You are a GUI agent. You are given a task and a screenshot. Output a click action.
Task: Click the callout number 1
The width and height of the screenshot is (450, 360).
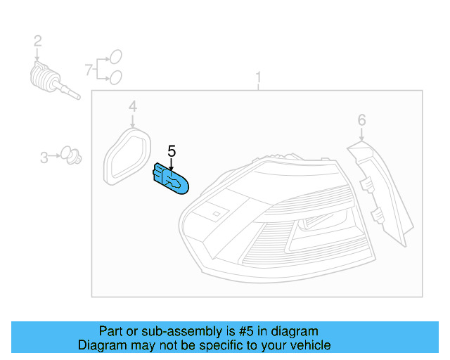coord(259,77)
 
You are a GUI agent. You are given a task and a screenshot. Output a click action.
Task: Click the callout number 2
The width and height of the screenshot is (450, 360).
coord(37,41)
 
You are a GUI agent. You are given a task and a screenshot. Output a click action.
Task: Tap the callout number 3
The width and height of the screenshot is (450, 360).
coord(44,157)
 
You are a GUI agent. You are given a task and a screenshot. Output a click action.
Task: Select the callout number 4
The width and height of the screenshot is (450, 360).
coord(132,106)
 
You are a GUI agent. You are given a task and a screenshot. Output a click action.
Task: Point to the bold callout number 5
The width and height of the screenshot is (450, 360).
coord(172,151)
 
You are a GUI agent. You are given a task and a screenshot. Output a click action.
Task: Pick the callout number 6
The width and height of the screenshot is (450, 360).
coord(361,120)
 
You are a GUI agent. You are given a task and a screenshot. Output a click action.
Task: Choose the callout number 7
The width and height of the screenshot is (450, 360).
coord(89,70)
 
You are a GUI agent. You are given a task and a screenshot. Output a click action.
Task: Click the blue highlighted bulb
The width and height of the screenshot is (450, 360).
coord(170,179)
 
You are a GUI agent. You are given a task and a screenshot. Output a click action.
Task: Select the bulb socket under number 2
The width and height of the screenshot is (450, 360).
coord(53,81)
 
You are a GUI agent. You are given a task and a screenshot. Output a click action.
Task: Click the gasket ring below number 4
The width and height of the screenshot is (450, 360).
coord(127,157)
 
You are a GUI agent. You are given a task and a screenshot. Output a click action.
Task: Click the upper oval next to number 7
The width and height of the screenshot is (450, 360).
coord(116,56)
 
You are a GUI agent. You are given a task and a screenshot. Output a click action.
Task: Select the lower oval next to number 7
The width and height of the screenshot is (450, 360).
coord(116,77)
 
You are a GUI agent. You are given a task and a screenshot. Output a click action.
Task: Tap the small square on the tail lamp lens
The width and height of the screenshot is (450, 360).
coord(216,214)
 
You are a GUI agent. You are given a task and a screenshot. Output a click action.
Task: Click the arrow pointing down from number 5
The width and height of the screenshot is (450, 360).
coord(172,165)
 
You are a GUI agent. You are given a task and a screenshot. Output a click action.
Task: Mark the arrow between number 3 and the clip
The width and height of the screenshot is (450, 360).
coord(54,156)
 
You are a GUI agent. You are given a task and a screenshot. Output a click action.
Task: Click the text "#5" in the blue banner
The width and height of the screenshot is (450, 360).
coord(246,331)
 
